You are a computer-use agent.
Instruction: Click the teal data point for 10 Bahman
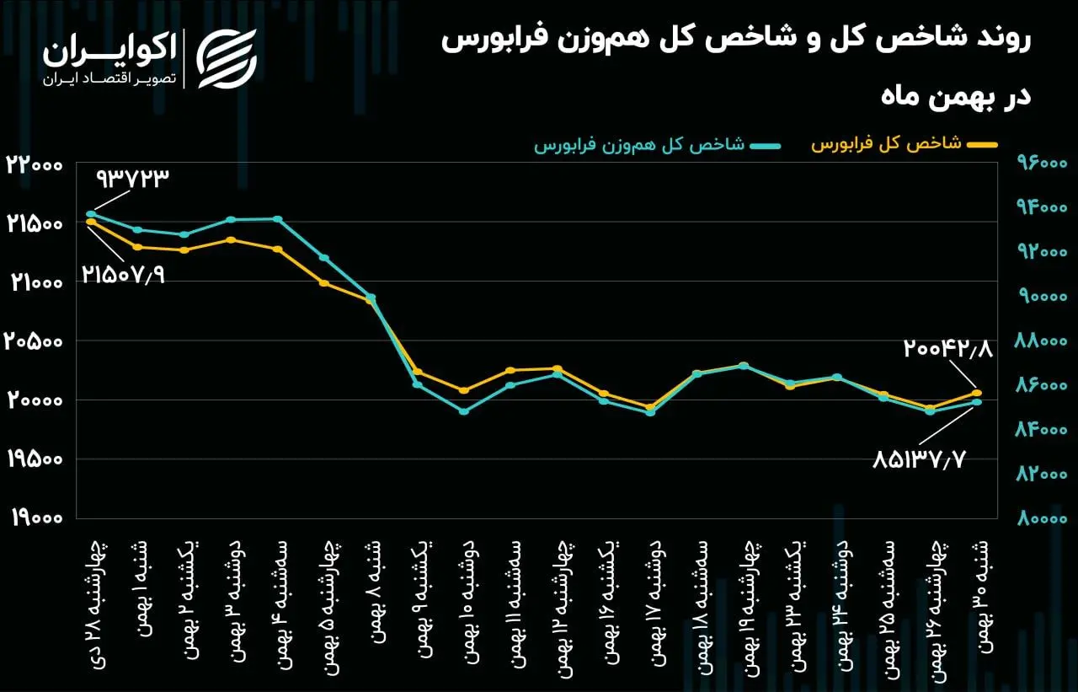(x=463, y=411)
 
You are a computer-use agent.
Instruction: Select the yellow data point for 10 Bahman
(x=463, y=390)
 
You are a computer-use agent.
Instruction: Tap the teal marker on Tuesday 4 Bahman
(x=278, y=219)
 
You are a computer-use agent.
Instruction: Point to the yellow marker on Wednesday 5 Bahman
(x=324, y=282)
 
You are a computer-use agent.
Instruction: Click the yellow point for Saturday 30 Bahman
(x=977, y=393)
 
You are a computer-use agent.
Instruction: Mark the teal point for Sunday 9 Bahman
(x=417, y=384)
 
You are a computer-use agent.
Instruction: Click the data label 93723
(x=134, y=179)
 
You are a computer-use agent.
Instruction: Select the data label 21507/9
(x=123, y=274)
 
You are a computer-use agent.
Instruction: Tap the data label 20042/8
(x=948, y=348)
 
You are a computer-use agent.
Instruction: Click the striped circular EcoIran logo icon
(x=227, y=57)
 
